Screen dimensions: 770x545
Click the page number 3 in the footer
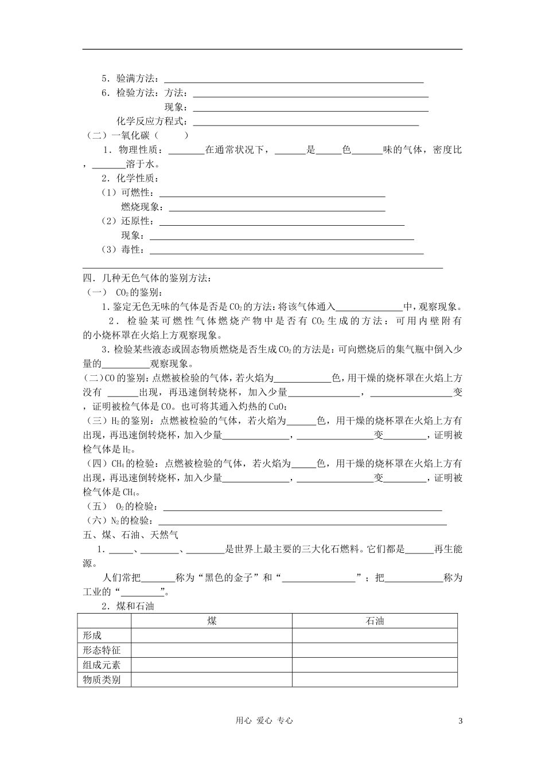tap(460, 721)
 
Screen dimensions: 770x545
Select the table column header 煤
tap(212, 621)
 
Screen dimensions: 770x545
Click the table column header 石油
tap(375, 621)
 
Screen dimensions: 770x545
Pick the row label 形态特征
tap(102, 650)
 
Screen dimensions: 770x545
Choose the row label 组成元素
tap(102, 665)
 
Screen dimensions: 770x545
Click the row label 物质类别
tap(102, 680)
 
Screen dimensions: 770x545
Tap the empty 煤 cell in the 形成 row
tap(212, 635)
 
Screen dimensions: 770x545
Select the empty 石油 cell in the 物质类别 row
tap(375, 680)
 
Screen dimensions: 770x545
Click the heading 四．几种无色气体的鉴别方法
tap(147, 278)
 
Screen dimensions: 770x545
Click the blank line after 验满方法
tap(294, 80)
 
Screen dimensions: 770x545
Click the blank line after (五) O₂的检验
tap(303, 508)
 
